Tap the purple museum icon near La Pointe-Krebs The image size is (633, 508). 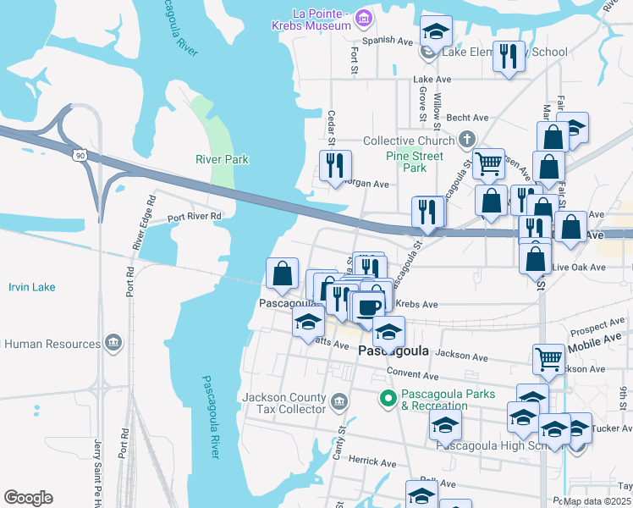(364, 17)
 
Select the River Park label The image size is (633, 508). (222, 159)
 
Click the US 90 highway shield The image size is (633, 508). (80, 155)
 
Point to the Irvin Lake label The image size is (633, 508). (32, 287)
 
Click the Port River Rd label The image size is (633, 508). (194, 217)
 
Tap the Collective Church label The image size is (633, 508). (409, 141)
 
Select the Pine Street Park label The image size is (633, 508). (414, 162)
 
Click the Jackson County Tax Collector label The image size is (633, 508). (283, 403)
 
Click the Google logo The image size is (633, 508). (27, 497)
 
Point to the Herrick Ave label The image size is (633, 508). (372, 463)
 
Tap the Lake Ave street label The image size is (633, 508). (432, 80)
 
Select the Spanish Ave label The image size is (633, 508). (388, 41)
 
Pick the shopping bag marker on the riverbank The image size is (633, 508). (282, 273)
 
